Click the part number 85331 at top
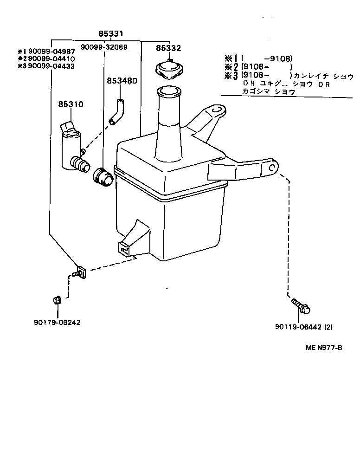click(x=112, y=34)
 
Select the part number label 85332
click(x=168, y=48)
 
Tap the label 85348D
click(x=122, y=81)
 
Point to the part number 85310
click(x=71, y=104)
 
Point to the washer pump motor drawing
click(x=72, y=148)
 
